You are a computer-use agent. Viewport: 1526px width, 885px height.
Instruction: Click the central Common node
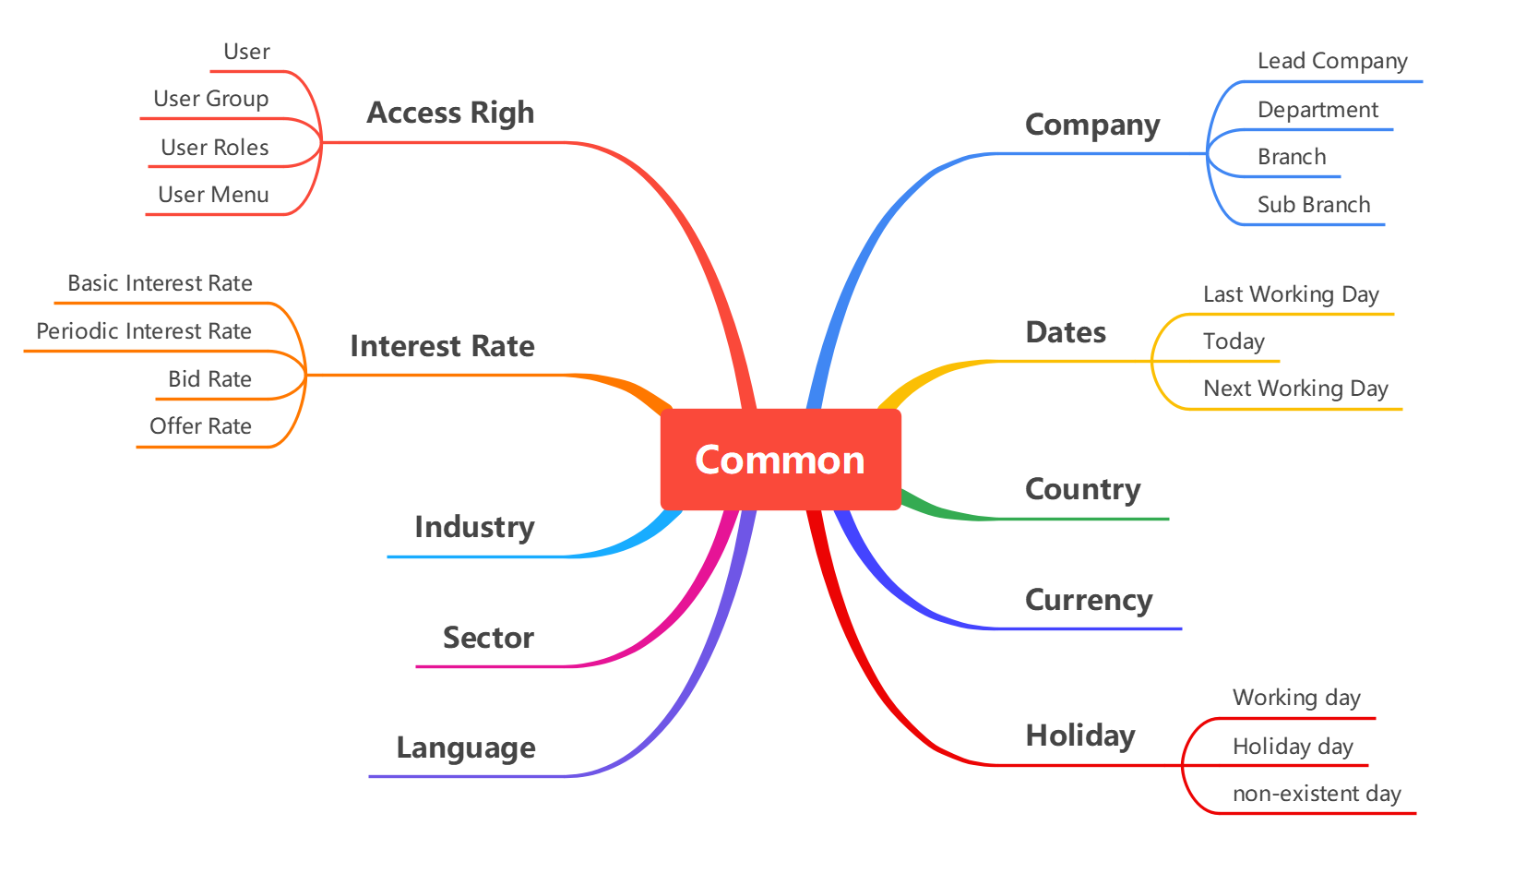coord(780,460)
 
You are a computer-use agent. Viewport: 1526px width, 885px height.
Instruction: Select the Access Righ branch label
coord(450,113)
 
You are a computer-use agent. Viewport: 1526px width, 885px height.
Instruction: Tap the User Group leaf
coord(210,99)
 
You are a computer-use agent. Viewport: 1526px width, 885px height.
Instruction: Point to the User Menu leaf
coord(213,195)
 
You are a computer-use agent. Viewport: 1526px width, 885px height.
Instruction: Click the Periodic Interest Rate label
coord(144,331)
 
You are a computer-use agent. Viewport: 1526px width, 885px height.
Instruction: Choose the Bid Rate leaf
coord(209,379)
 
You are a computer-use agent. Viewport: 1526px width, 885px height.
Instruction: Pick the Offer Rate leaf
coord(200,426)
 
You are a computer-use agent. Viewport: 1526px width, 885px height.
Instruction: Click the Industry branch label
coord(474,527)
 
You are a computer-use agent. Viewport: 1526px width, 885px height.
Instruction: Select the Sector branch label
coord(488,638)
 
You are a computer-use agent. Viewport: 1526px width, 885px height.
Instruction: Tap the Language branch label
coord(466,747)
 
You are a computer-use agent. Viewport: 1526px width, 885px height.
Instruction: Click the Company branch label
coord(1092,125)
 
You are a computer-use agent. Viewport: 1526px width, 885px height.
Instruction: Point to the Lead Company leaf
coord(1332,61)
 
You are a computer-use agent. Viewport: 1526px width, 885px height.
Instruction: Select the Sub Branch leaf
coord(1314,205)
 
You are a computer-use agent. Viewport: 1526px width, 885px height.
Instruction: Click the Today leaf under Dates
coord(1234,341)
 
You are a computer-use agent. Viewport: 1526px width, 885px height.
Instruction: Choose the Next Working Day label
coord(1295,389)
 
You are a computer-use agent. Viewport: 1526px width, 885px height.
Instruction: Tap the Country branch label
coord(1083,489)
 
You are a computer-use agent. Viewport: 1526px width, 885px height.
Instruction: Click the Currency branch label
coord(1089,600)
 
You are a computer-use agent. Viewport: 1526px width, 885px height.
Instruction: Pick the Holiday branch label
coord(1080,736)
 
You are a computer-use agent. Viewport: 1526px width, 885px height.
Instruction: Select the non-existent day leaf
coord(1317,794)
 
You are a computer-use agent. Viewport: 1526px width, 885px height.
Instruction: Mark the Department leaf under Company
coord(1317,110)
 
